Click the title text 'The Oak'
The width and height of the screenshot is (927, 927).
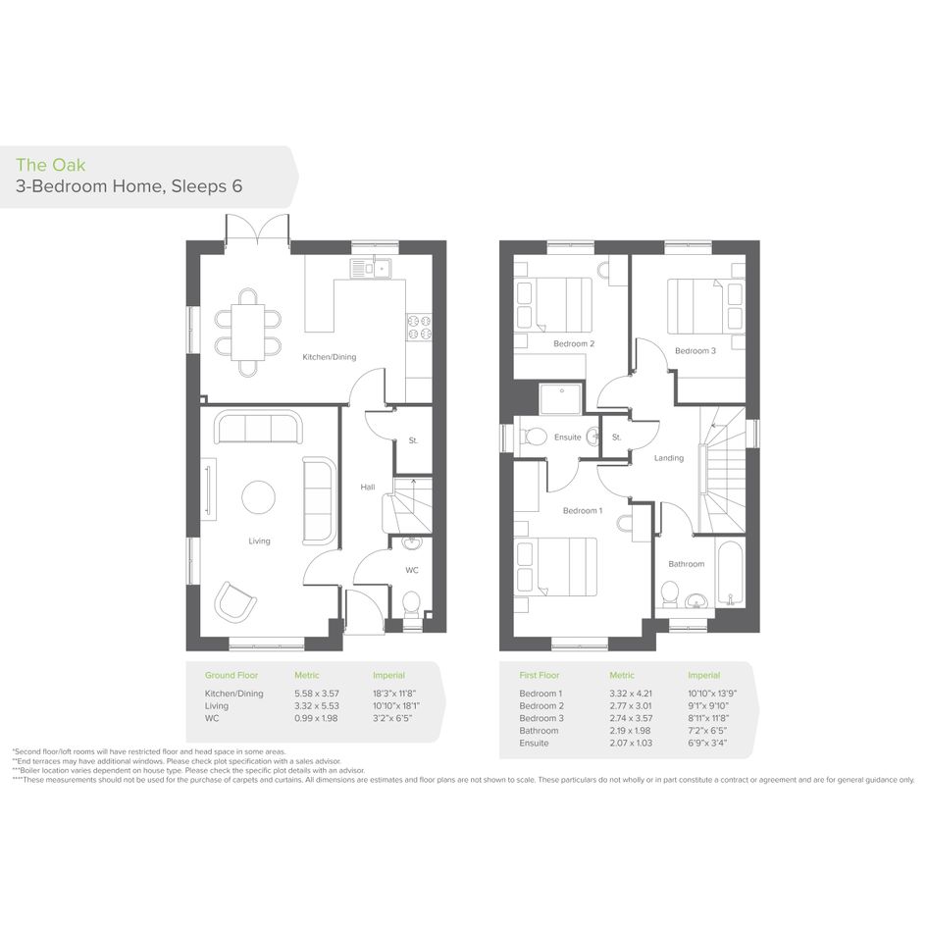tap(51, 165)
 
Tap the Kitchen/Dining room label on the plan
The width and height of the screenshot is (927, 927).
tap(330, 357)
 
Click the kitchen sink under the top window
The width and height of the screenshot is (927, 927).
tap(370, 269)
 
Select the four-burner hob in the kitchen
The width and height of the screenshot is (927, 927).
tap(419, 328)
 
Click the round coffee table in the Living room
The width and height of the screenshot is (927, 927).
tap(258, 497)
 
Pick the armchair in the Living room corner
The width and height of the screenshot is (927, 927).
tap(235, 602)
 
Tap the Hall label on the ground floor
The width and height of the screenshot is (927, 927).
tap(368, 488)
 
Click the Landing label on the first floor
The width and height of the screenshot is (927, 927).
tap(669, 457)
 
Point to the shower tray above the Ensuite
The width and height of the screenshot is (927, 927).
tap(560, 399)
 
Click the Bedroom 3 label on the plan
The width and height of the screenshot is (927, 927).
tap(695, 350)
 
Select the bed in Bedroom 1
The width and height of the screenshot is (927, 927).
tap(556, 567)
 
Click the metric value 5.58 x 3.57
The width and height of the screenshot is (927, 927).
tap(317, 694)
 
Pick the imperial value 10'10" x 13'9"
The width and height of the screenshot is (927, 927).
tap(712, 694)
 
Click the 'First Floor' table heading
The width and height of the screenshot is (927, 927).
tap(540, 675)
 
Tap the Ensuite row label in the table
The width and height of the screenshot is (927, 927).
tap(534, 744)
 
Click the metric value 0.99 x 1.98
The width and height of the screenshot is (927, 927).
tap(316, 718)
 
